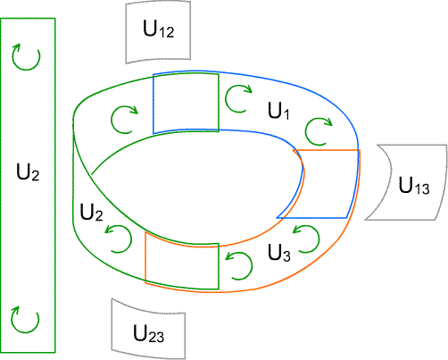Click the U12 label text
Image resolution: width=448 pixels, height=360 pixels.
click(159, 29)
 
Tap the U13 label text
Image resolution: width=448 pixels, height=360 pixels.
click(414, 186)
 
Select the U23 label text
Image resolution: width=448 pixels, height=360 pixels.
click(148, 333)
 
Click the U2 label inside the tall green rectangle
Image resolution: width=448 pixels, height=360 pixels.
click(28, 172)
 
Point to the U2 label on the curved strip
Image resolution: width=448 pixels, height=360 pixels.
click(92, 213)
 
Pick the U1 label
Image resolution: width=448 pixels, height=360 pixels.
click(278, 111)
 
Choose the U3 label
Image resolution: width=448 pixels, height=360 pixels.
click(279, 253)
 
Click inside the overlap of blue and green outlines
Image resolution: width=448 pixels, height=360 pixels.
click(186, 103)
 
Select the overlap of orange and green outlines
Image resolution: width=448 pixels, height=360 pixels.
click(182, 262)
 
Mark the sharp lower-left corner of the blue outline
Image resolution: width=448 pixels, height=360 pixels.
click(277, 218)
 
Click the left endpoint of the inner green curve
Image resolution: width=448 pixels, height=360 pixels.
click(92, 175)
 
